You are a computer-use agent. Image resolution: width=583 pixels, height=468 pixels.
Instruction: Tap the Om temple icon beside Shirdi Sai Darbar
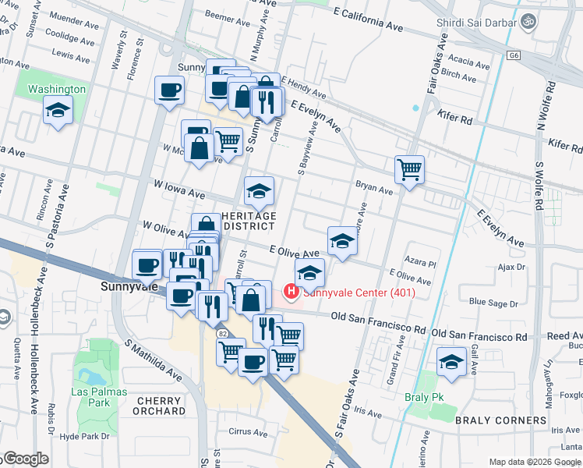pos(531,21)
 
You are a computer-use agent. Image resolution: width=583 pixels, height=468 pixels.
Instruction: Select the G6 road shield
pos(514,55)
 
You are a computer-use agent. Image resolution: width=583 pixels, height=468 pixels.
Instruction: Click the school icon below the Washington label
pos(58,112)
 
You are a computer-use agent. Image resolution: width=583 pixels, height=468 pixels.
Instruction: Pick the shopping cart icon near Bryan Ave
pos(409,168)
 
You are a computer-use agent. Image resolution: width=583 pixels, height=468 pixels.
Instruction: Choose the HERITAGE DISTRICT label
pos(249,221)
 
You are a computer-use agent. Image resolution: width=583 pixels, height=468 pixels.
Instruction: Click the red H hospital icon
pos(291,293)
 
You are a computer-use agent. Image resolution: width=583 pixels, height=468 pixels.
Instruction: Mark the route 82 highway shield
pos(222,334)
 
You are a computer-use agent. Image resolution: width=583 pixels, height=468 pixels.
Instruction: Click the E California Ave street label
pos(367,21)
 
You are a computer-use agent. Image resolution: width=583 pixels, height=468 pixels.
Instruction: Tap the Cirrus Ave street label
pos(249,432)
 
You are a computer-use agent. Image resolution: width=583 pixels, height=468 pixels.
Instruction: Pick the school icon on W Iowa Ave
pos(260,190)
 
